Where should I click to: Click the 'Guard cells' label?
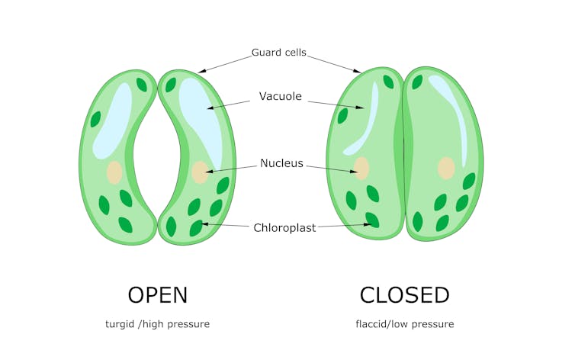279,53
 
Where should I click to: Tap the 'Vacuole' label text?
281,97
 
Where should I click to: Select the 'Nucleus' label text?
281,163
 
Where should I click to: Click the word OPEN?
157,295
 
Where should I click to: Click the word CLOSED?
404,295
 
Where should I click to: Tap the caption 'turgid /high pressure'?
157,324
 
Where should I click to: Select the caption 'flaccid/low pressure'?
404,324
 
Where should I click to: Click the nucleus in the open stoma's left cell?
114,172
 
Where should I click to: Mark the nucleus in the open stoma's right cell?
200,172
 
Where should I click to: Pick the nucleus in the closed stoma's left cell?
361,169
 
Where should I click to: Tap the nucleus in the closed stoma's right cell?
446,168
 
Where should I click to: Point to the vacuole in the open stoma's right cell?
200,114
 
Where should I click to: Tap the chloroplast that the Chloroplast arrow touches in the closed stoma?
373,220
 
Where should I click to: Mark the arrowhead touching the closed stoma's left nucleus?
355,172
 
